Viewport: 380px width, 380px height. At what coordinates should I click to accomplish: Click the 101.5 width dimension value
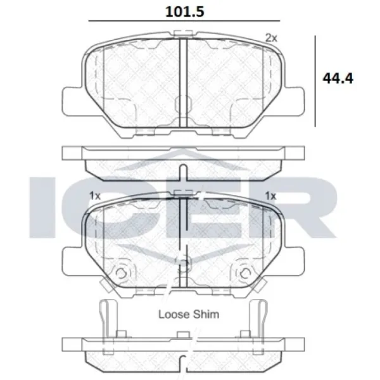(x=185, y=11)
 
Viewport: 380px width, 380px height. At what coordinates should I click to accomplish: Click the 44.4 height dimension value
(x=338, y=78)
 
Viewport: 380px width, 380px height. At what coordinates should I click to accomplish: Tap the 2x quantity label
(x=271, y=38)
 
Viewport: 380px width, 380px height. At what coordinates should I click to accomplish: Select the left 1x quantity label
(x=95, y=195)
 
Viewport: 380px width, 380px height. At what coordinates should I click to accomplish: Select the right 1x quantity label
(x=270, y=195)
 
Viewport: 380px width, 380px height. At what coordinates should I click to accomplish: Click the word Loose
(x=174, y=314)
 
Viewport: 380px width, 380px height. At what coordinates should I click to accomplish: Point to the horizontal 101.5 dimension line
(x=184, y=21)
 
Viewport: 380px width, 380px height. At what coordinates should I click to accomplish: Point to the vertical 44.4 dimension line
(x=315, y=81)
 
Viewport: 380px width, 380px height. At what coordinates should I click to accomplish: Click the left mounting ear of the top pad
(x=73, y=101)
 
